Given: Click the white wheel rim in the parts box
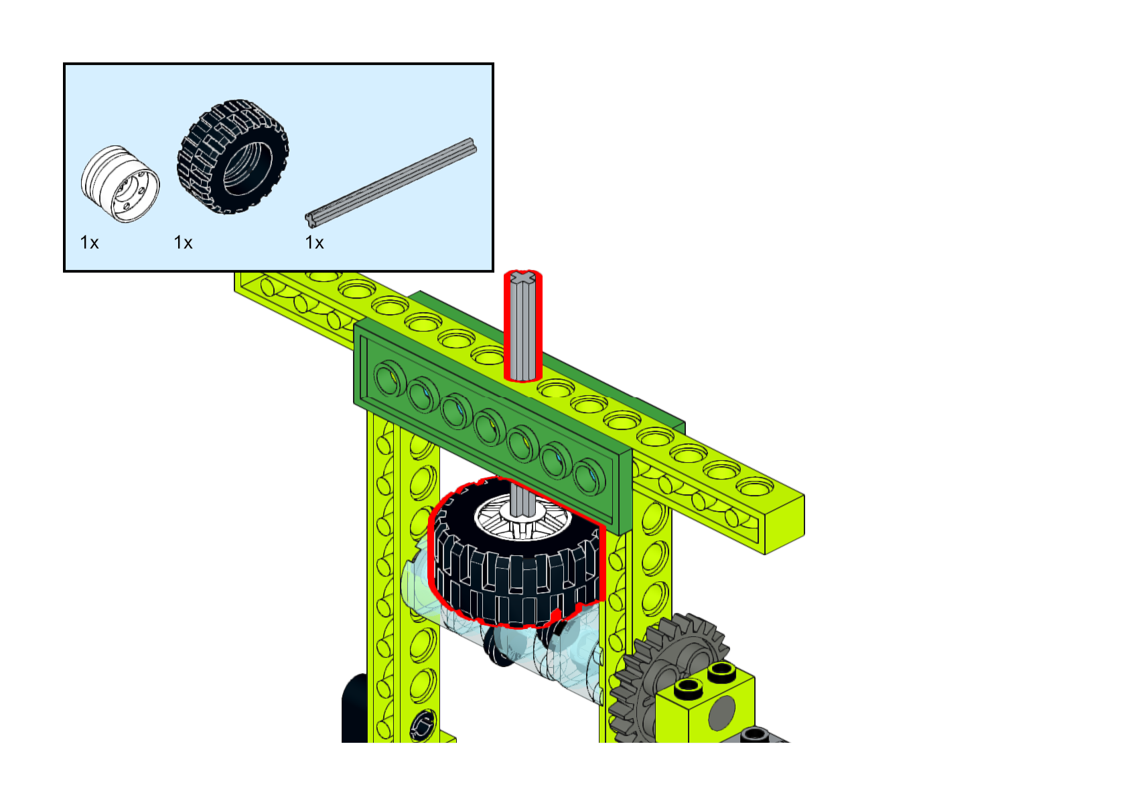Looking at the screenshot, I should [121, 184].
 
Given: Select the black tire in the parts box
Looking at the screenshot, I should [232, 157].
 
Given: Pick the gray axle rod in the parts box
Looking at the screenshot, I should [391, 182].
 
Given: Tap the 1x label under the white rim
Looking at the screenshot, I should [89, 242].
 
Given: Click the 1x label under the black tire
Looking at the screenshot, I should [183, 242].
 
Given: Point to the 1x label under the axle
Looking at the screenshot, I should [314, 242].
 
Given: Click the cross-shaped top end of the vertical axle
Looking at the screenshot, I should [522, 277].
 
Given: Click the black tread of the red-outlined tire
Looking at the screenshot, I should [516, 583].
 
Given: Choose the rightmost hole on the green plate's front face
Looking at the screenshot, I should [589, 475].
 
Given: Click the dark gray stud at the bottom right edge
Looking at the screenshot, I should [754, 735].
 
